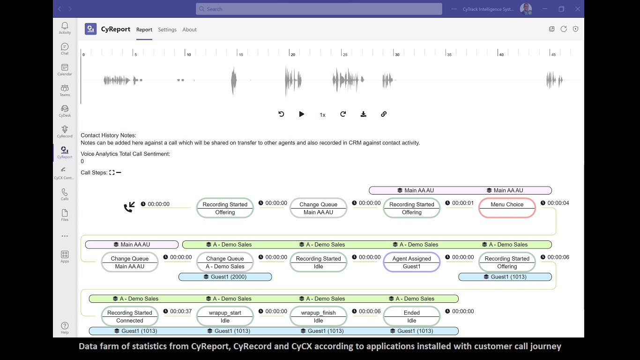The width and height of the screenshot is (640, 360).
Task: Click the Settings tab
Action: click(x=167, y=30)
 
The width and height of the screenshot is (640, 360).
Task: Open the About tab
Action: click(x=189, y=30)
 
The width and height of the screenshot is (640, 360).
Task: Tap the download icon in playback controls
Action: click(x=363, y=114)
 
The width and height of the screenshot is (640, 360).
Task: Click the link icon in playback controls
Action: click(x=384, y=114)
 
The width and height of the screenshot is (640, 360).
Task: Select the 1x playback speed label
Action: click(x=322, y=115)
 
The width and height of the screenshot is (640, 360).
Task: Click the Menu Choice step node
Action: click(x=507, y=208)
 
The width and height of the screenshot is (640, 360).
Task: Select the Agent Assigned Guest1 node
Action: click(x=411, y=262)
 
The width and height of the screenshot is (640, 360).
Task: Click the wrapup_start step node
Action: click(x=225, y=316)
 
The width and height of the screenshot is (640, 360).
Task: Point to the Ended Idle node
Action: click(x=411, y=316)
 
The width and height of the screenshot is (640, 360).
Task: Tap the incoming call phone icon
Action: click(x=129, y=207)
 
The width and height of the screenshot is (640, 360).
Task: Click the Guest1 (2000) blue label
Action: click(x=225, y=277)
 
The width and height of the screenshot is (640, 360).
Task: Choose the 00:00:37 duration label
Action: click(x=178, y=311)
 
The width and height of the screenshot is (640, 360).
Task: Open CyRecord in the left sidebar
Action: click(x=65, y=132)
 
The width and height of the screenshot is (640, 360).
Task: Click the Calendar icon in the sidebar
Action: click(x=65, y=69)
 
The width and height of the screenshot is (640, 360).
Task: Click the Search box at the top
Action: click(x=319, y=9)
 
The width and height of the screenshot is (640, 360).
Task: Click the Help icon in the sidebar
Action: click(x=65, y=328)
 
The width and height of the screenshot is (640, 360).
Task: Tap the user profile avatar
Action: click(x=526, y=9)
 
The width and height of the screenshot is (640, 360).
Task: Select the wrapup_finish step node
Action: click(x=318, y=316)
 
